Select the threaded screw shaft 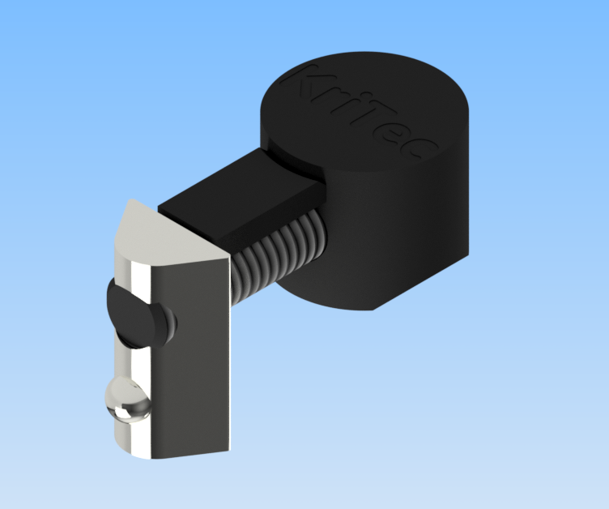(283, 251)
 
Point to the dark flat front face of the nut (194, 357)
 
